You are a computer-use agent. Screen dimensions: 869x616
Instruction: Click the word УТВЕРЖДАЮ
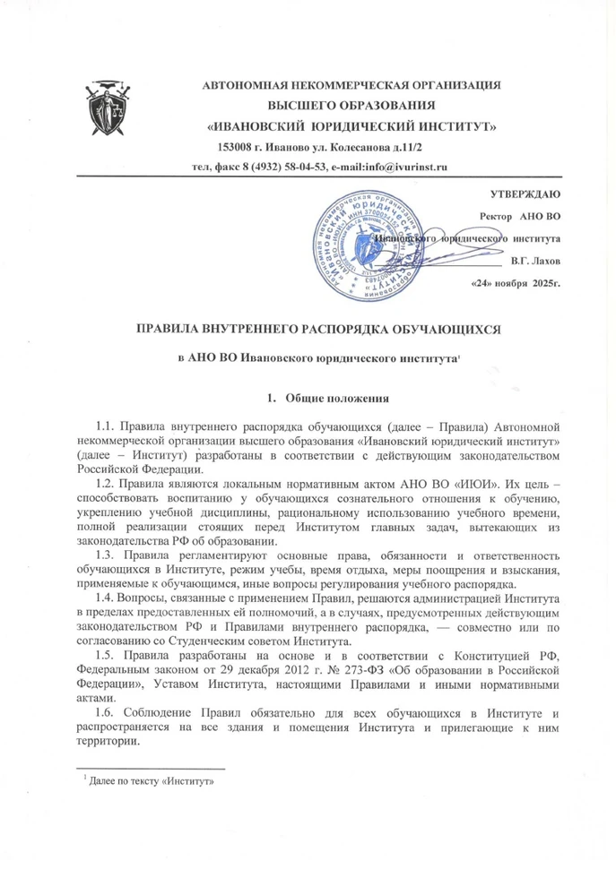click(x=525, y=194)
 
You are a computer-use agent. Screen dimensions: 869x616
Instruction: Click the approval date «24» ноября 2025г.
click(x=516, y=283)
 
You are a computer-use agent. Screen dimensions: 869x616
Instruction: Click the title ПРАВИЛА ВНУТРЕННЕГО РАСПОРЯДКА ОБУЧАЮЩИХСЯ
click(x=317, y=330)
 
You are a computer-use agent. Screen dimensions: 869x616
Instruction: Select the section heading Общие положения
click(x=336, y=397)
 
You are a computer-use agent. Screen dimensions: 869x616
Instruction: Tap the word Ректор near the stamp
click(x=499, y=216)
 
